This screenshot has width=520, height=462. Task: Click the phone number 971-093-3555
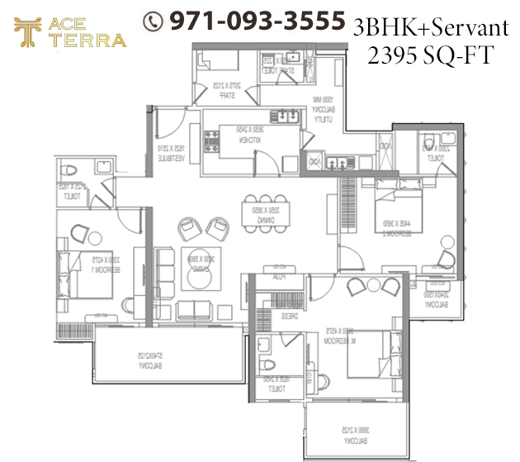pos(255,21)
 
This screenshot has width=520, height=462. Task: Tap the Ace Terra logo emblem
pos(27,33)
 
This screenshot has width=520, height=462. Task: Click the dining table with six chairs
pos(265,204)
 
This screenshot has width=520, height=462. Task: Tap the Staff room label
pos(220,91)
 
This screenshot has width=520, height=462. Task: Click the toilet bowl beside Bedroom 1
pos(70,171)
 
